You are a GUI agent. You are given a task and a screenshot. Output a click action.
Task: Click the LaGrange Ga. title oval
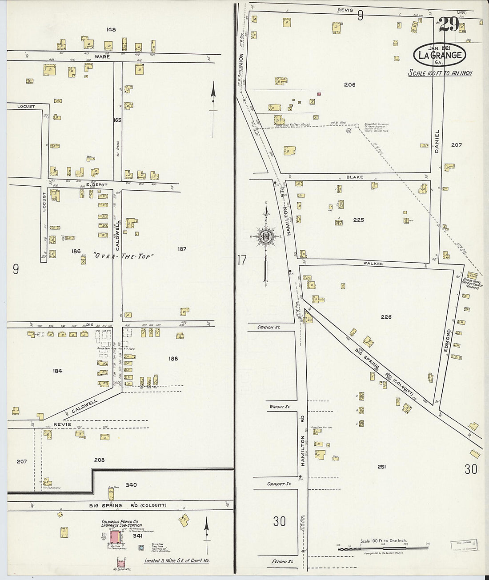[x=440, y=55]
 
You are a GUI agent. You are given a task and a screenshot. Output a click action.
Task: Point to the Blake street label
[x=355, y=177]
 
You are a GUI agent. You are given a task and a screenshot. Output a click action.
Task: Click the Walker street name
[x=373, y=264]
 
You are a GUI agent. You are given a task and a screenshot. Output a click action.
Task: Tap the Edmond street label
[x=448, y=341]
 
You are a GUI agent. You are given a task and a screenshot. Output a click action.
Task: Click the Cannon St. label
[x=270, y=327]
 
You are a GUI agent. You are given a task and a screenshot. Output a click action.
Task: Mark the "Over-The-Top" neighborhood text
[x=123, y=256]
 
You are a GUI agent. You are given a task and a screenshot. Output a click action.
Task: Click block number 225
[x=358, y=220]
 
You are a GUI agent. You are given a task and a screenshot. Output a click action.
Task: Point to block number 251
[x=381, y=467]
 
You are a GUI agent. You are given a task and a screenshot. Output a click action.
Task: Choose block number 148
[x=111, y=29]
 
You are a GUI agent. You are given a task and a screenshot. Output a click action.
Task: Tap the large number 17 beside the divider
[x=241, y=260]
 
